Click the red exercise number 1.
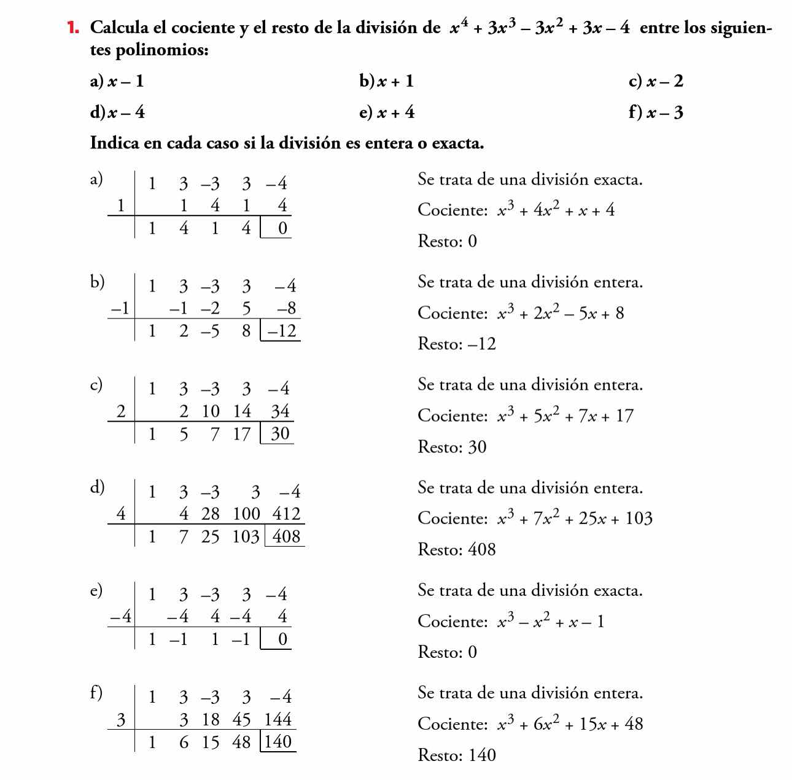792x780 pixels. coord(74,28)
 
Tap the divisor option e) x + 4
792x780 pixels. coord(387,112)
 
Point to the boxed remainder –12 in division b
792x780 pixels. coord(281,331)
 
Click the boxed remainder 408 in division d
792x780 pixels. coord(286,536)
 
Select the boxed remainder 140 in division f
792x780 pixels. coord(279,742)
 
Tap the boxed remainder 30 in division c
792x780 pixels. coord(280,434)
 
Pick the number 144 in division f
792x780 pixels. coord(278,719)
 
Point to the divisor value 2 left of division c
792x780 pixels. coord(122,411)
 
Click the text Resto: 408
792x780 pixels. coord(457,549)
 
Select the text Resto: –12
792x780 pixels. coord(457,344)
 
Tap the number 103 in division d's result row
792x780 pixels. coord(246,536)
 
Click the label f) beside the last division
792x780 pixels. coord(95,693)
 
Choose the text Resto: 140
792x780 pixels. coord(457,755)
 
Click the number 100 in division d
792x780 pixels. coord(247,514)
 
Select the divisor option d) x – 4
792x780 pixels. coord(117,112)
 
